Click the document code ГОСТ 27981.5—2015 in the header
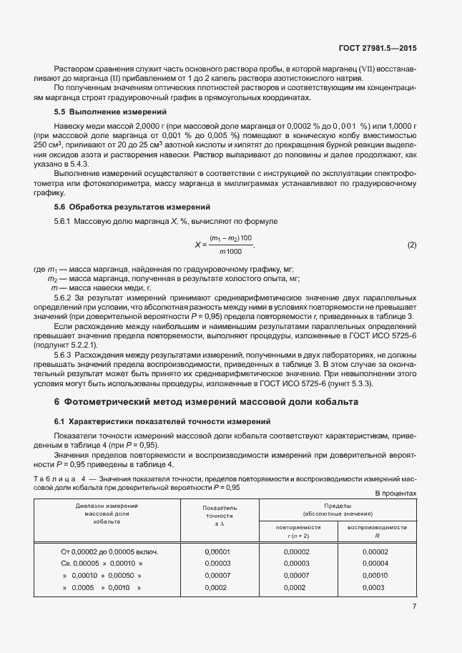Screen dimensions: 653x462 [x=378, y=49]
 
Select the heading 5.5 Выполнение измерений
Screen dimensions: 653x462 [x=110, y=112]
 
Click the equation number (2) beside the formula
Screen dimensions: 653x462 [x=411, y=245]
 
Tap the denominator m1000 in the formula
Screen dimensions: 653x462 [x=230, y=252]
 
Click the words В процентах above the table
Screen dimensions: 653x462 [x=395, y=494]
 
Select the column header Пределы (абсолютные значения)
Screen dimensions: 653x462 [x=337, y=509]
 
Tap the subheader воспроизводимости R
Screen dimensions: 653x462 [x=377, y=531]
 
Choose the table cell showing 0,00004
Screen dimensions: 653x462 [x=376, y=564]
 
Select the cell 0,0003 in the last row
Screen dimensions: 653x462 [x=376, y=587]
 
